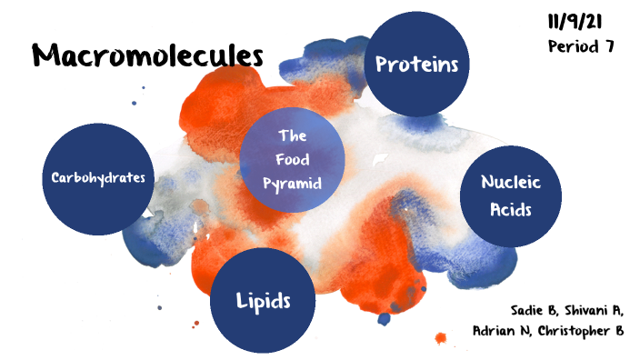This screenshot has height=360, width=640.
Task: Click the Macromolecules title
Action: tap(147, 55)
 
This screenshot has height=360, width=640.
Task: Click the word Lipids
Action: tap(263, 299)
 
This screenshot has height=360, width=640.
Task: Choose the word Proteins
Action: tap(416, 64)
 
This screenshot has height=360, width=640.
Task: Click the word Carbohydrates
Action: tap(98, 176)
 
